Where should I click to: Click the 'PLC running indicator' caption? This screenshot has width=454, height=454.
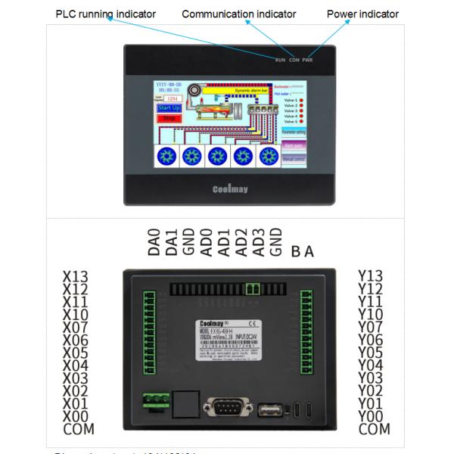[105, 14]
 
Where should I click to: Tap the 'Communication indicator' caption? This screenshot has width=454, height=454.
[239, 14]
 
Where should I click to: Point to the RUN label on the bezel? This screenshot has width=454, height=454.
[280, 60]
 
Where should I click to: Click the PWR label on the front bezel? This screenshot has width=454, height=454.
[307, 60]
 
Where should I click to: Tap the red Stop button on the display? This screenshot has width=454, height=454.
[169, 118]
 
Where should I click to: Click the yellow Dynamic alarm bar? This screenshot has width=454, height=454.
[241, 90]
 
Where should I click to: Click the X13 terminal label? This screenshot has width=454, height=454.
[76, 276]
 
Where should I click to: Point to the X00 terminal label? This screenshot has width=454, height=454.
[76, 417]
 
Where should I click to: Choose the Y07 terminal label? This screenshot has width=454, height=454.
[370, 328]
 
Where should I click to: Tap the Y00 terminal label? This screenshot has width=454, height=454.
[370, 417]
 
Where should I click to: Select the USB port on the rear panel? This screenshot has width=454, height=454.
[269, 409]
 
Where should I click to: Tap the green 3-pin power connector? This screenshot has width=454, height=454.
[155, 403]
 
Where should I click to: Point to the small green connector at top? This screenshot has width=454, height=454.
[251, 289]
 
